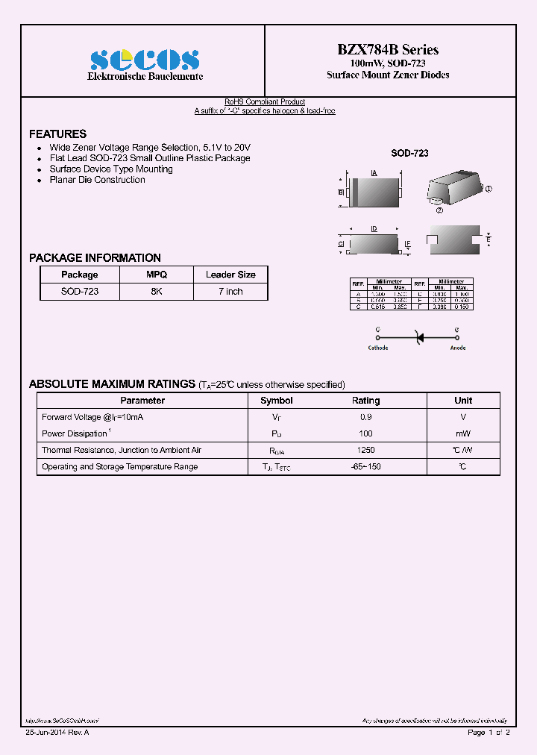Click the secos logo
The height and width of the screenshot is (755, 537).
point(145,60)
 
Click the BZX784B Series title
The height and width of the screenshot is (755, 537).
point(388,50)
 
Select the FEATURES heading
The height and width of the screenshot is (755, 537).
point(57,134)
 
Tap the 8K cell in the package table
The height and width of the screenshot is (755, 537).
point(156,292)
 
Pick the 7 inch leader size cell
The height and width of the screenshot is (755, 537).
point(230,292)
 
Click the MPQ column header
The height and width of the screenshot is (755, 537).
point(156,275)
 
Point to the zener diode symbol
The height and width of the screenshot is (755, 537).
point(418,337)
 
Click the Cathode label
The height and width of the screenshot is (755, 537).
point(378,348)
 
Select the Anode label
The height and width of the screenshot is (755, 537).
point(458,348)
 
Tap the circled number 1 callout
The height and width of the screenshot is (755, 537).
point(489,189)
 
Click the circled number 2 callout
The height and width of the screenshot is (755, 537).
point(439,210)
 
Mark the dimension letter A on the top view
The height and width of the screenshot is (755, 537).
point(374,173)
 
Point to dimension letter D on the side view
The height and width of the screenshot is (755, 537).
point(374,228)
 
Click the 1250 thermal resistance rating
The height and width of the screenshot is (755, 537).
point(365,451)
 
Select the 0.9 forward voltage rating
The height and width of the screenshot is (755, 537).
point(365,418)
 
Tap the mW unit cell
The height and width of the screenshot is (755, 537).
point(463,434)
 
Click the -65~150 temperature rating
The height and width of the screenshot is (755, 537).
point(365,467)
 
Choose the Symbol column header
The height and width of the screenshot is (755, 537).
point(277,401)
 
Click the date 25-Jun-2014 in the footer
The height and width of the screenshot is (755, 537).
point(47,733)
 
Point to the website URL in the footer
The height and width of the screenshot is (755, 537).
point(63,721)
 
